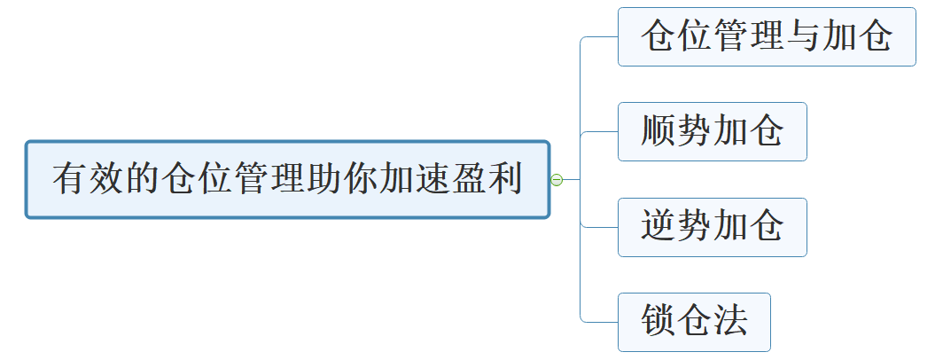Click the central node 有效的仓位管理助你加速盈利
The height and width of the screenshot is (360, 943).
287,179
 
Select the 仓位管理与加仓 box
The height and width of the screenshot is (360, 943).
766,36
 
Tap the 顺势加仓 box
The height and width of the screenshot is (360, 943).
712,131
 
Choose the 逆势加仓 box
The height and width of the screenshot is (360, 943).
712,227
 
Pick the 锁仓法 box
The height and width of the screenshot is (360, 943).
694,322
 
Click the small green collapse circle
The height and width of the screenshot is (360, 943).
557,180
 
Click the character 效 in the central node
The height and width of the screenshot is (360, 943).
107,179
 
